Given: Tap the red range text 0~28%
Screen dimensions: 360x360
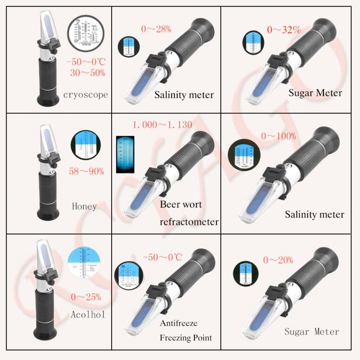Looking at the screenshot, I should tap(156, 29).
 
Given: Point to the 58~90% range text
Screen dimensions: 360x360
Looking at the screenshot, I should tap(87, 171).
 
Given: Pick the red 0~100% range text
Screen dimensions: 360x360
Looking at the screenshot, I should tap(279, 137).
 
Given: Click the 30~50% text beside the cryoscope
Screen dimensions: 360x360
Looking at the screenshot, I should tap(86, 73).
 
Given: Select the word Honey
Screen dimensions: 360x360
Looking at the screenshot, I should tap(84, 205).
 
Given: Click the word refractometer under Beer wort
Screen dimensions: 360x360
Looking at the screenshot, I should tap(189, 222).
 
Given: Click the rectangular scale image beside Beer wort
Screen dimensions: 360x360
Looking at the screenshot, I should tap(126, 154).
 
